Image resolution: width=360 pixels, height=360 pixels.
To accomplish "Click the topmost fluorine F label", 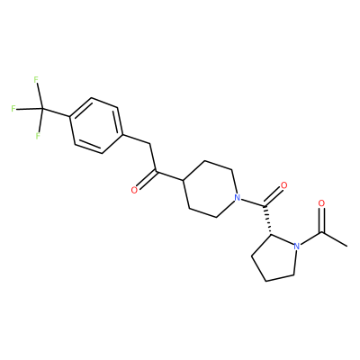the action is [36, 80].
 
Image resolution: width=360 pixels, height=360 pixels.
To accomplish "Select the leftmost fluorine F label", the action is [13, 109].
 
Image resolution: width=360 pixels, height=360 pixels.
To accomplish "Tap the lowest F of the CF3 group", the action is [38, 136].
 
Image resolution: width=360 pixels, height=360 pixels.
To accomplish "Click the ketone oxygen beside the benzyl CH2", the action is [135, 190].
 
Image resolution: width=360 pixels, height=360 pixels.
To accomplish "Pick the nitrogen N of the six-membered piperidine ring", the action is [238, 198].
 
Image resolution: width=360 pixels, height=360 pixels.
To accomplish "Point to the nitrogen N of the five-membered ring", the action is [297, 247].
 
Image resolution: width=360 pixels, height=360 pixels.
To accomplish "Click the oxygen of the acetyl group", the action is [321, 203].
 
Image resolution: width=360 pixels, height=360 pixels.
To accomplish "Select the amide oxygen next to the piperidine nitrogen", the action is [283, 185].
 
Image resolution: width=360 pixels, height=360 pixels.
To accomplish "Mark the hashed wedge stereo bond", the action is [267, 220].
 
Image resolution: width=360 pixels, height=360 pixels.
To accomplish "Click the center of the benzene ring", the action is [96, 125].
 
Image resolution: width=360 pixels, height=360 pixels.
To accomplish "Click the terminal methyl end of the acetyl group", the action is [346, 247].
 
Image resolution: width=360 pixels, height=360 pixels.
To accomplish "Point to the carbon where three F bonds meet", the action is [42, 109].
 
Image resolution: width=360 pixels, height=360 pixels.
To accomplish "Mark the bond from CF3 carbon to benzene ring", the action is [56, 112].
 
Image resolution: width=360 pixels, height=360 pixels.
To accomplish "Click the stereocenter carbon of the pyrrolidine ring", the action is [271, 234].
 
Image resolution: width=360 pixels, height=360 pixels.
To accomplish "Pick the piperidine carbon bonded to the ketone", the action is [183, 181].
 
